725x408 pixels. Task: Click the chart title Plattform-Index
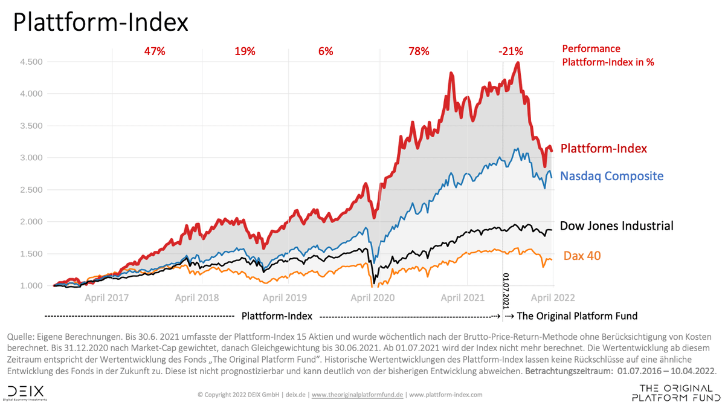coord(100,22)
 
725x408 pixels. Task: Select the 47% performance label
coord(155,51)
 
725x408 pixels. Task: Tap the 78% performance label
coord(419,51)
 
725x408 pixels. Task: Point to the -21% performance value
coord(511,51)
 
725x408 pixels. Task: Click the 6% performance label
coord(326,51)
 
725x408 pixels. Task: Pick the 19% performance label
coord(245,51)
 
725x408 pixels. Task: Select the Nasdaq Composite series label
coord(611,176)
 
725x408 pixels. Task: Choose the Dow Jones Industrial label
coord(616,226)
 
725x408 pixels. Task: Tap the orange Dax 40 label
coord(582,256)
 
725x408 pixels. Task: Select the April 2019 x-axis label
coord(285,297)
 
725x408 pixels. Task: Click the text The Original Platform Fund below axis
coord(577,316)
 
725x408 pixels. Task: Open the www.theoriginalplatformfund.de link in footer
coord(357,395)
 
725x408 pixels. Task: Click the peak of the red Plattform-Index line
coord(518,63)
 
